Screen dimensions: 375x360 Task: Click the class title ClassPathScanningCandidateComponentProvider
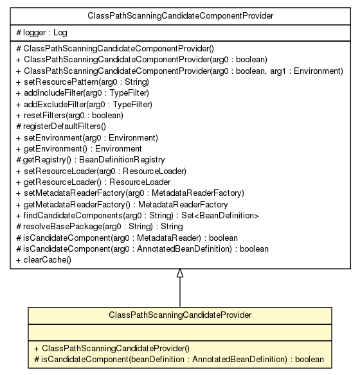tap(179, 14)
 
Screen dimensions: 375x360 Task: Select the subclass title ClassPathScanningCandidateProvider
tap(179, 315)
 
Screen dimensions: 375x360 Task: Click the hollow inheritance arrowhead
tap(179, 273)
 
